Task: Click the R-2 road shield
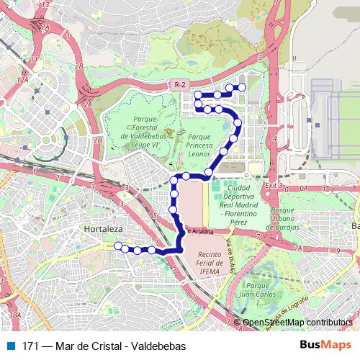point(180,85)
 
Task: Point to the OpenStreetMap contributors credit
point(297,323)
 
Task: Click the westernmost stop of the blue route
point(118,246)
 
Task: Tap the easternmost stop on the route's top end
point(243,88)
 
